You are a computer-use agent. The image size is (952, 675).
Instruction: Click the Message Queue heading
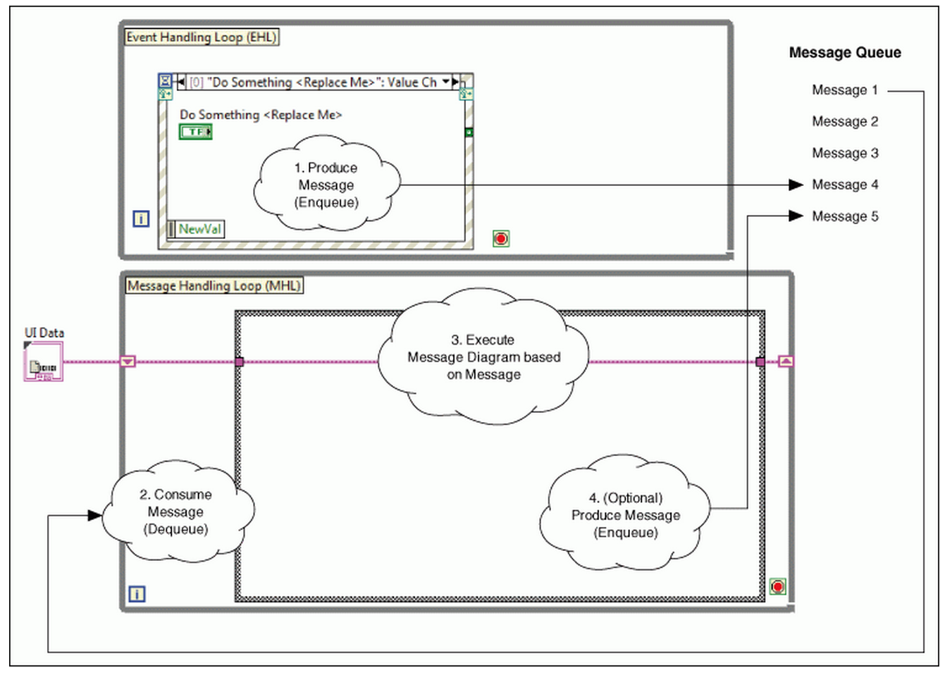click(844, 53)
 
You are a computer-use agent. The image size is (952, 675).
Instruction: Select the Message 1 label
click(844, 90)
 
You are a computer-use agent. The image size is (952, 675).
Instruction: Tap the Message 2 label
click(844, 122)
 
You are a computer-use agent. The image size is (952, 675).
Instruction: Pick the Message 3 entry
click(844, 154)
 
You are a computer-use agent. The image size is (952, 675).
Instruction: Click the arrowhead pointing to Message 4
click(796, 185)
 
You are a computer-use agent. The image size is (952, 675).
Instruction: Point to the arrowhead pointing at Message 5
click(796, 216)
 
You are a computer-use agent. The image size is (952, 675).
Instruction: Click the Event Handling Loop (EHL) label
click(202, 37)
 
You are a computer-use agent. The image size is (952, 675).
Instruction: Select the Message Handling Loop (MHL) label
click(214, 285)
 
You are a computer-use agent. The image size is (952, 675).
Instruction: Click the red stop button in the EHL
click(501, 239)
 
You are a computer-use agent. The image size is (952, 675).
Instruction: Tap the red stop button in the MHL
click(777, 586)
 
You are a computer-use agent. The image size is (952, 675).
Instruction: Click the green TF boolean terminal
click(195, 132)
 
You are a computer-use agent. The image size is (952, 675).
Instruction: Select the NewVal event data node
click(197, 229)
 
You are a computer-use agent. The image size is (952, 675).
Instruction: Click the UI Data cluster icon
click(44, 364)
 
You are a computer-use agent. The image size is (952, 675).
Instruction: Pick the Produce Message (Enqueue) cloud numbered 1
click(326, 185)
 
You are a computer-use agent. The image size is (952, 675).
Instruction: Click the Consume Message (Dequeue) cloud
click(176, 512)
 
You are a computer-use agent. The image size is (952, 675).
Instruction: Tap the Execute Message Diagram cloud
click(483, 357)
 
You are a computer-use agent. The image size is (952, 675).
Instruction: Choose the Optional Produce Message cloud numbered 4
click(625, 515)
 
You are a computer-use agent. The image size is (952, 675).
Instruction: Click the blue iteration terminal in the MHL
click(137, 594)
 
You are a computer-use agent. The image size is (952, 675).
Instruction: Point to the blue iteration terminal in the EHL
click(141, 219)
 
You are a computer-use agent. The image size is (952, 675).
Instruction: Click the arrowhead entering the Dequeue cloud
click(94, 516)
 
